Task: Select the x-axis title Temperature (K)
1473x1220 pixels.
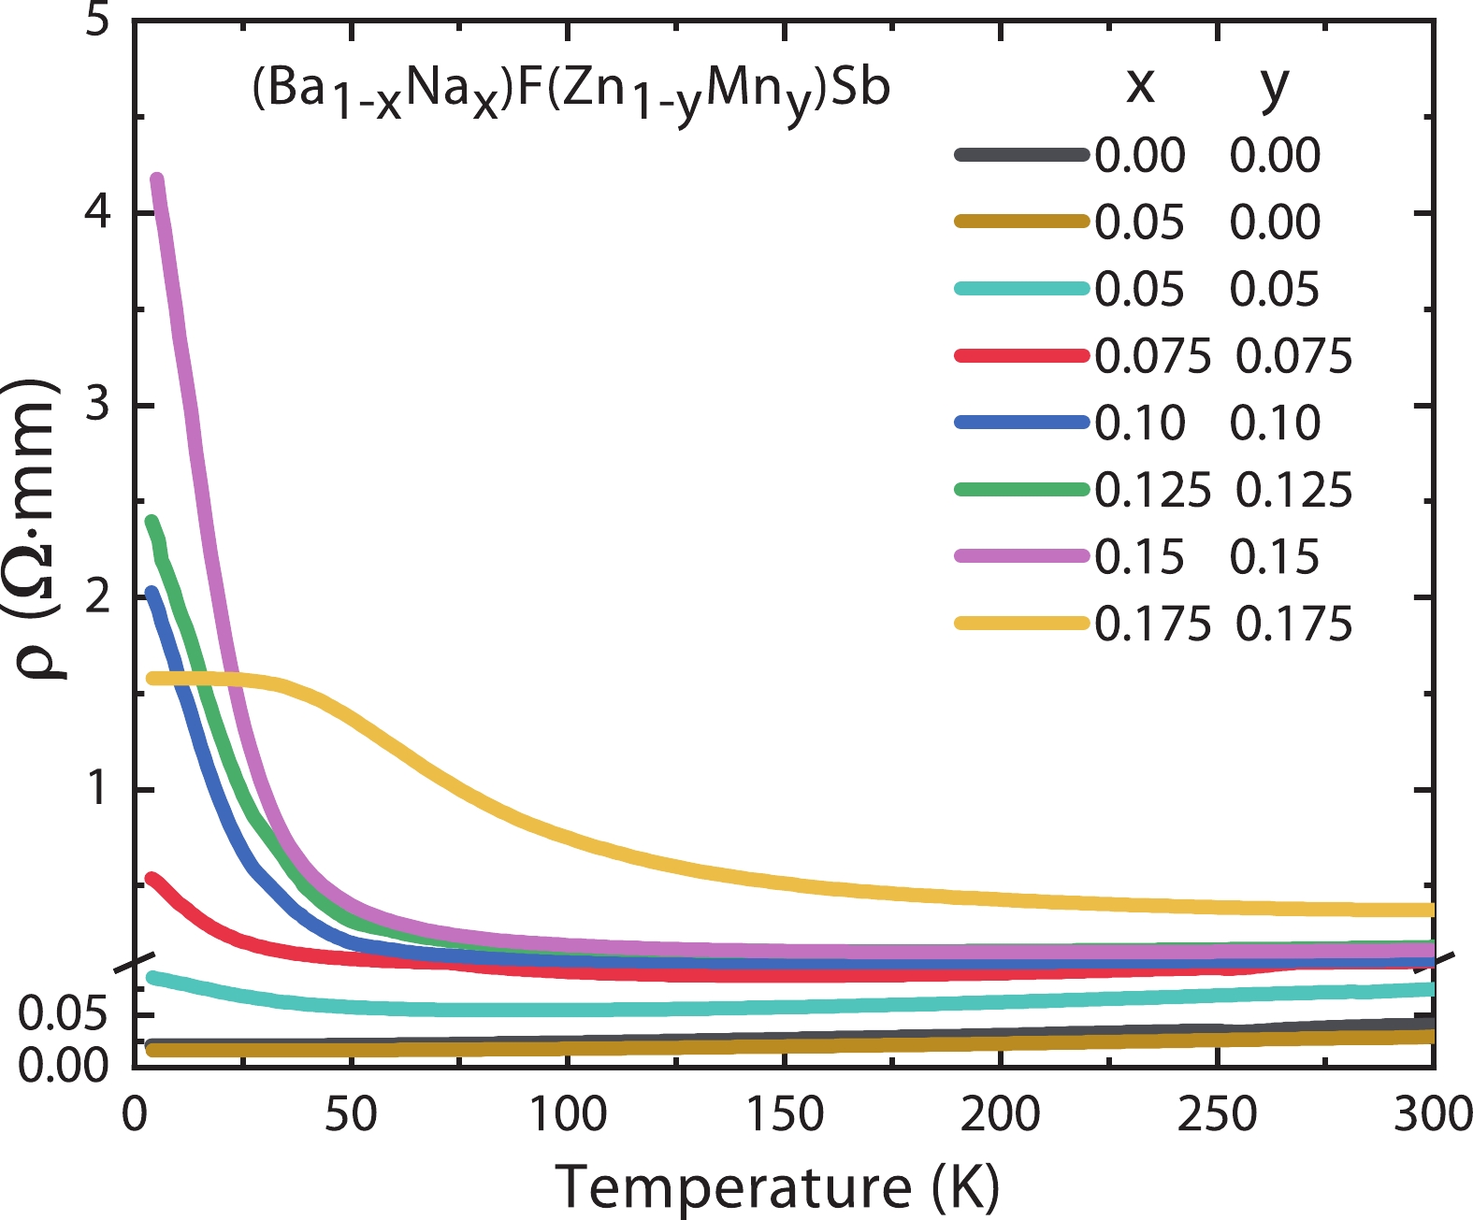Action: [x=778, y=1187]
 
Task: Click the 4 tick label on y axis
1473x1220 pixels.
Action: [x=97, y=213]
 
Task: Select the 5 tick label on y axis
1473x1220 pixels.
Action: [x=97, y=21]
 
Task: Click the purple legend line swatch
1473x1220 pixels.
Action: [x=1022, y=556]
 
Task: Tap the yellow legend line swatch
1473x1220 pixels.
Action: [x=1022, y=624]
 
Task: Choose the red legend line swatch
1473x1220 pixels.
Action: [x=1022, y=356]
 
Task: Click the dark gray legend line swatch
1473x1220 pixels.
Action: [x=1022, y=155]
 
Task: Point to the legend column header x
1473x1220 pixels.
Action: [x=1140, y=86]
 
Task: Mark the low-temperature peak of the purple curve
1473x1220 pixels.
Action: [x=157, y=180]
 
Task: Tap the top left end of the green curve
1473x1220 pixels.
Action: [x=152, y=522]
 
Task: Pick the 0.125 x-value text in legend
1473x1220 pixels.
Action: [x=1152, y=490]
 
